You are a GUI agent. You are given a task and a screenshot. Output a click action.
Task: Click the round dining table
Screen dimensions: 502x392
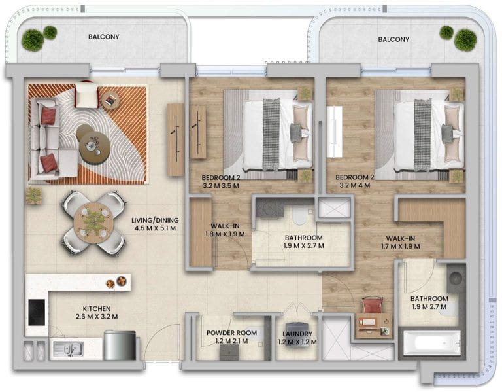tap(92, 223)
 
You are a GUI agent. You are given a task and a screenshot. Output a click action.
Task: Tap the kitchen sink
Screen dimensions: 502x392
tap(69, 349)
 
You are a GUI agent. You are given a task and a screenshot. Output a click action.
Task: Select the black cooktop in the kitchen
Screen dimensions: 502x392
tap(37, 312)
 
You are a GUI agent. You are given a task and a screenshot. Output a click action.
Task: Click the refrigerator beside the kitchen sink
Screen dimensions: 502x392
tap(120, 346)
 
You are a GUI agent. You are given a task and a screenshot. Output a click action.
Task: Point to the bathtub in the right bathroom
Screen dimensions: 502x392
tap(431, 344)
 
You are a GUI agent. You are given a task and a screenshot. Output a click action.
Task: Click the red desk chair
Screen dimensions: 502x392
tap(372, 306)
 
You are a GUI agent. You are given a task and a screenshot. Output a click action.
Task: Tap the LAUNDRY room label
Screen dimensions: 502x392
tap(297, 334)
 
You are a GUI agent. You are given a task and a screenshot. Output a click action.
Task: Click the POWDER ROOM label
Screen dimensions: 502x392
tap(231, 333)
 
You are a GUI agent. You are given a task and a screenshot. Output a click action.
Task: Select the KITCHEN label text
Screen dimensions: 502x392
tap(97, 309)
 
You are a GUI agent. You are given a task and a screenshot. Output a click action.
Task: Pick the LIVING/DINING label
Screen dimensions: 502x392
tap(155, 220)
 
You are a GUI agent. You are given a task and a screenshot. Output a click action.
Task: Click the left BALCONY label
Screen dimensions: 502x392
tap(104, 37)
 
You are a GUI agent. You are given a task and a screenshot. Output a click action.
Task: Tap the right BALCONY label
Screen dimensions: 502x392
tap(393, 39)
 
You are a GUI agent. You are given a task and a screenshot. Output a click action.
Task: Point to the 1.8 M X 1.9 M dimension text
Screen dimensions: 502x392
tap(225, 234)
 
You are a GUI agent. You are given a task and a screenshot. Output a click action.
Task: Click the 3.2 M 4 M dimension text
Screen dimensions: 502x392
tap(354, 185)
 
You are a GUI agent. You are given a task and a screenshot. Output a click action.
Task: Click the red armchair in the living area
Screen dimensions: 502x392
tap(86, 94)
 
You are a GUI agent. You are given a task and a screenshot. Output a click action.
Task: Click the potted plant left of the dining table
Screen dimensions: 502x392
tap(34, 196)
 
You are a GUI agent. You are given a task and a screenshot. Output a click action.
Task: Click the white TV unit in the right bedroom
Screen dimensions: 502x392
tap(334, 132)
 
